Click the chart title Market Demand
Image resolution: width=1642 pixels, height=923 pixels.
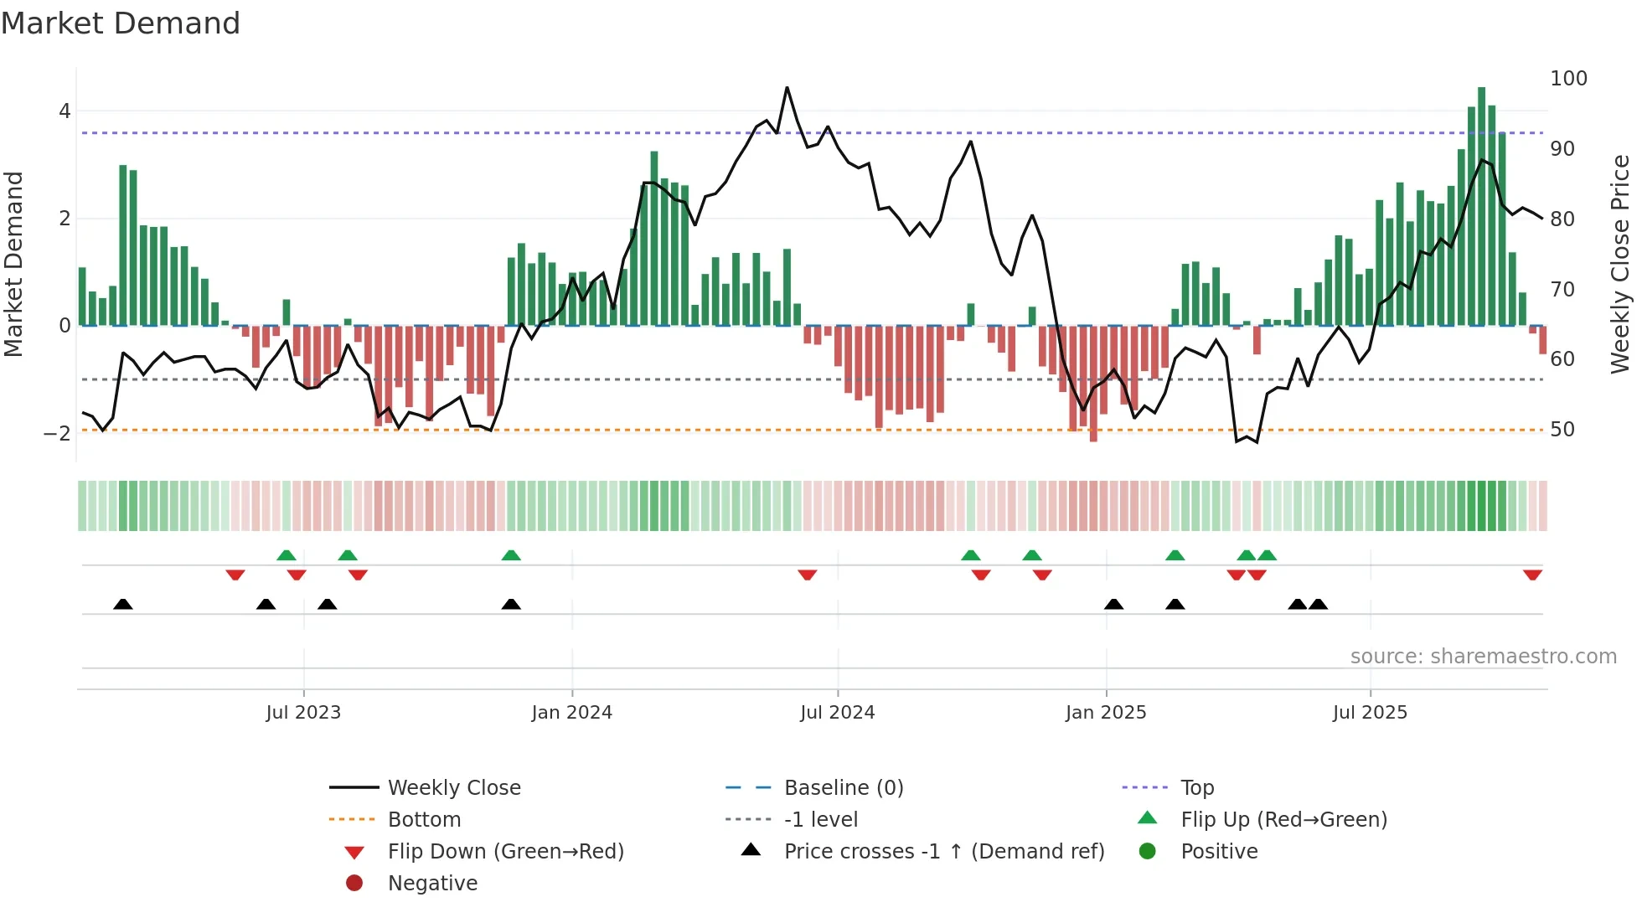[x=121, y=23]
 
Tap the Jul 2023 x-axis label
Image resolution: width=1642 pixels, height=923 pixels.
[x=303, y=713]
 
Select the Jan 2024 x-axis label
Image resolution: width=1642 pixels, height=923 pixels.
[x=571, y=713]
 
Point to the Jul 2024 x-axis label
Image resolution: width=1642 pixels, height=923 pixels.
[x=837, y=713]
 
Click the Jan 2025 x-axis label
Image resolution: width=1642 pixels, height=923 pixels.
[x=1106, y=713]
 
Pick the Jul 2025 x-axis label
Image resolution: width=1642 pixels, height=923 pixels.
[x=1370, y=713]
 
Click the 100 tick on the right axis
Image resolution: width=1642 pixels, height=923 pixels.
[x=1568, y=79]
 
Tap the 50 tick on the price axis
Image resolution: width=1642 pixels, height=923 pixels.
[x=1562, y=430]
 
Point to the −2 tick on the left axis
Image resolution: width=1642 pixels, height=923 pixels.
[x=57, y=434]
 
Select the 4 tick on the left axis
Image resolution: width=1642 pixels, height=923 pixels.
[x=65, y=111]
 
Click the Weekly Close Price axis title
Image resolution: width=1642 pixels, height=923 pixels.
[x=1620, y=264]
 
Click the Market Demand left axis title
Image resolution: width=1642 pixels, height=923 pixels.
[x=13, y=264]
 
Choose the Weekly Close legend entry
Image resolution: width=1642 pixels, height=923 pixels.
[x=453, y=788]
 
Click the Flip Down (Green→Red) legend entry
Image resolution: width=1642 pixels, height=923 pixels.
[x=505, y=852]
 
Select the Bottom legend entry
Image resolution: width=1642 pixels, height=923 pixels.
[x=424, y=820]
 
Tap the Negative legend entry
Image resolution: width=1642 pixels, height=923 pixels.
[x=432, y=884]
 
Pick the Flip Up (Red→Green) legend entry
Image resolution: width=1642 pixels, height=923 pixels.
[x=1283, y=820]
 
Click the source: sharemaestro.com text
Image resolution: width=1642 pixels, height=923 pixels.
[x=1483, y=657]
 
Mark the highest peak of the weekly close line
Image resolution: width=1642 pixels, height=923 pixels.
[x=787, y=88]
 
